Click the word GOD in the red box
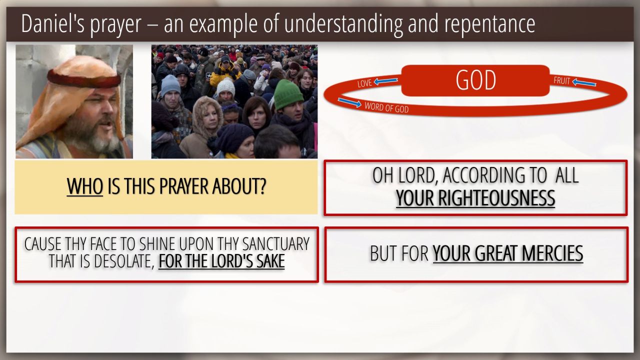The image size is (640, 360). (475, 80)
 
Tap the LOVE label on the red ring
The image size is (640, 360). (364, 83)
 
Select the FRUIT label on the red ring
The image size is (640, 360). (561, 81)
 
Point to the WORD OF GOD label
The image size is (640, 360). (386, 107)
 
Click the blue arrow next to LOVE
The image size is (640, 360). (385, 81)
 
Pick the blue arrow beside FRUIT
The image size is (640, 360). (584, 83)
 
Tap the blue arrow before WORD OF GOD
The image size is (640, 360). (349, 102)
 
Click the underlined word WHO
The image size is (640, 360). (85, 186)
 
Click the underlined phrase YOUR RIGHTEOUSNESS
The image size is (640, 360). (475, 198)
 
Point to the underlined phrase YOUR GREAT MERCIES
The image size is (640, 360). (507, 253)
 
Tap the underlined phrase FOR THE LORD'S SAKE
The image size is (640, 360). (221, 261)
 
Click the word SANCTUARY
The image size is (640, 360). (275, 244)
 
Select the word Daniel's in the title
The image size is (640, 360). (53, 23)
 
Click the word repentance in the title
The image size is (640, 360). (489, 24)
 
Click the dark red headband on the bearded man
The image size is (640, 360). (84, 78)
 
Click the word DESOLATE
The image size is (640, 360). (124, 261)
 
